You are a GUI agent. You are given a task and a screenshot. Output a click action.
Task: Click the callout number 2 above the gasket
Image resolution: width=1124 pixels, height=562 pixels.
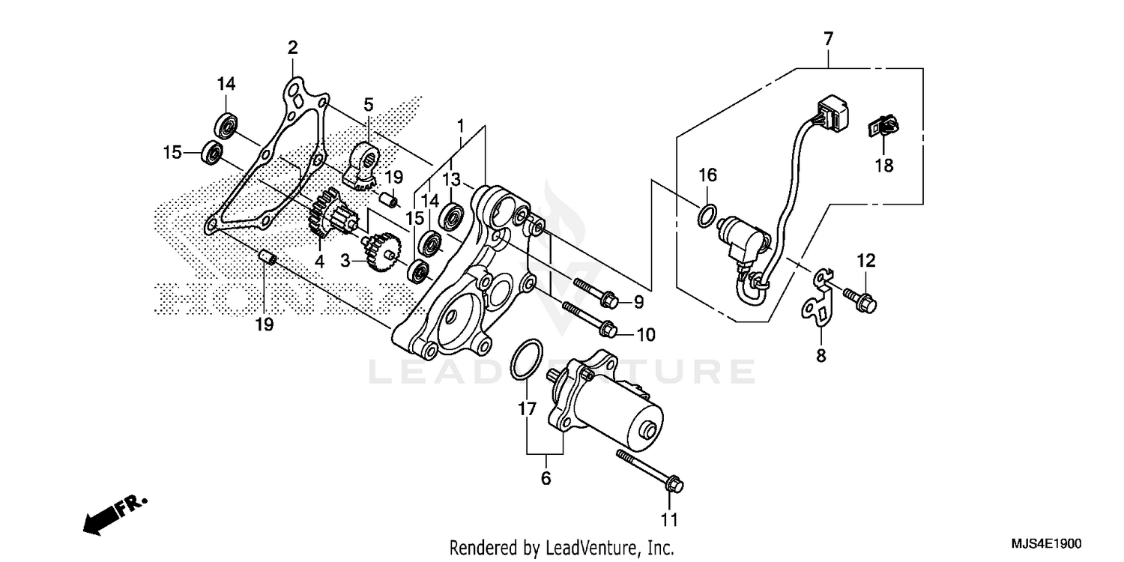coord(292,49)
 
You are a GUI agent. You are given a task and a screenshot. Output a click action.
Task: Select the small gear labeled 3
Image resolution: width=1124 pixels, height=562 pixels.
coord(381,251)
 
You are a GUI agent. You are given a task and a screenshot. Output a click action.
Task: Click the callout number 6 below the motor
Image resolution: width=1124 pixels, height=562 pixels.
coord(545,477)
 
